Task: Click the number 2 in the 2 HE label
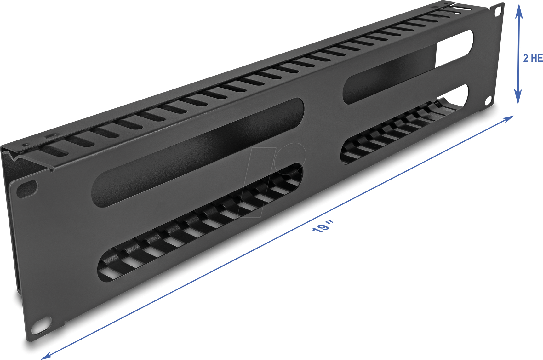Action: [x=526, y=58]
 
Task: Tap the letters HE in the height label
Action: [x=537, y=58]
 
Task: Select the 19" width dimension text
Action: [x=323, y=227]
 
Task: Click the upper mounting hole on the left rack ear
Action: [x=27, y=189]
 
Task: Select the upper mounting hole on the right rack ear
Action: [x=498, y=11]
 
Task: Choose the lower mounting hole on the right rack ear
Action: [x=489, y=100]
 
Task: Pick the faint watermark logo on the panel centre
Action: [x=274, y=180]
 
